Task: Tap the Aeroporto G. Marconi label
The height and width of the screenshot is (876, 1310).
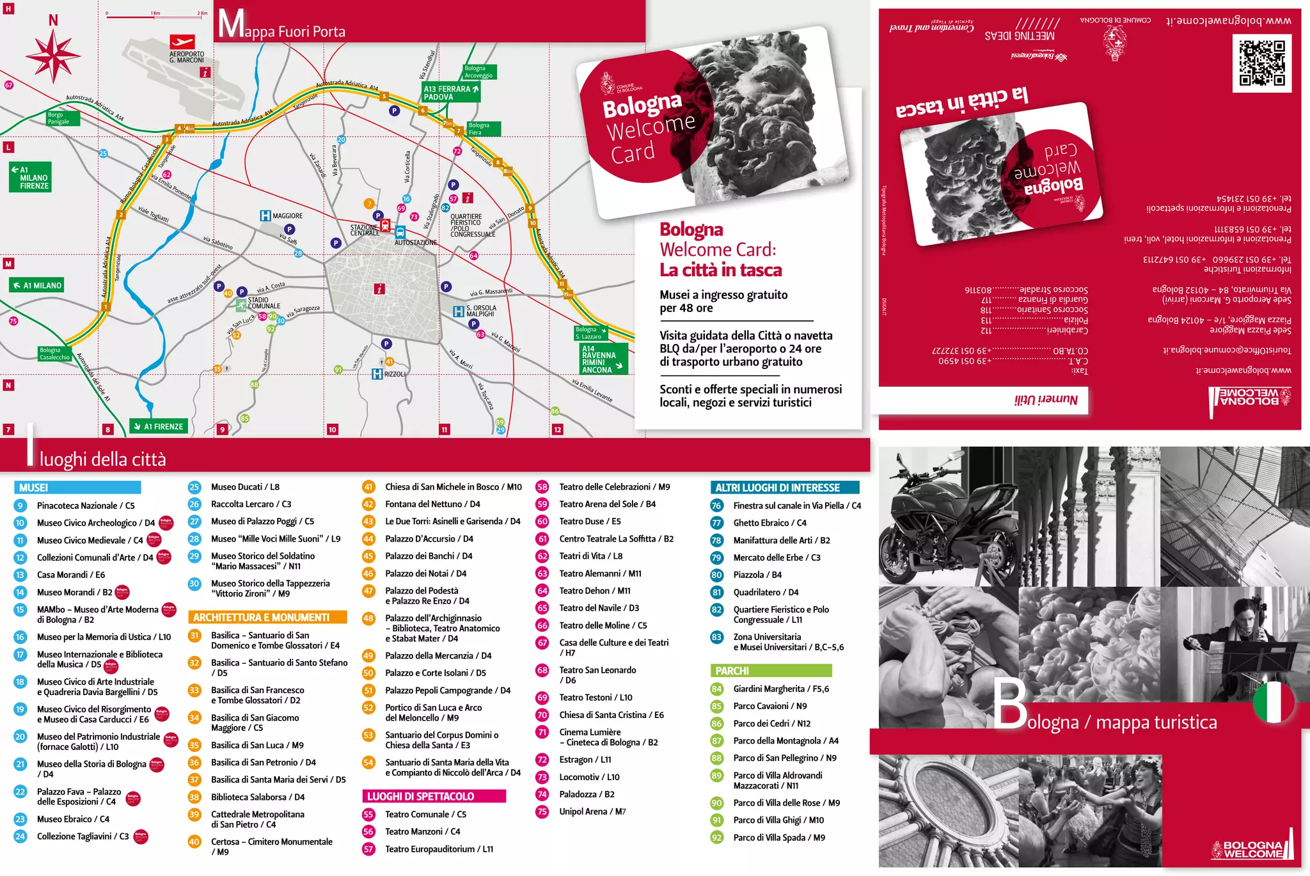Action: coord(187,58)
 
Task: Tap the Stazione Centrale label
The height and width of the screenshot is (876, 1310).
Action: coord(365,230)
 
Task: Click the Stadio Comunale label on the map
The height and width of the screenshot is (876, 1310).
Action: coord(264,303)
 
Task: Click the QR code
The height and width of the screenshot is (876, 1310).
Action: coord(1261,63)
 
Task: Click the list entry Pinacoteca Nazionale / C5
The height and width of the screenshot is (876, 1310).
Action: coord(85,506)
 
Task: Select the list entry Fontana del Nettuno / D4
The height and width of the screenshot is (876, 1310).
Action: coord(432,504)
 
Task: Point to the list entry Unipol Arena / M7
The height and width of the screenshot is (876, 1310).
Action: coord(592,812)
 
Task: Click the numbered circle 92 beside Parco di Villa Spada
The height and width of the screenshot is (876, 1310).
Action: coord(716,838)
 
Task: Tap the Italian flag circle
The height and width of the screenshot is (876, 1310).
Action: coord(1274,702)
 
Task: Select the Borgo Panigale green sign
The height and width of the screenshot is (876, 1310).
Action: coord(61,118)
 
